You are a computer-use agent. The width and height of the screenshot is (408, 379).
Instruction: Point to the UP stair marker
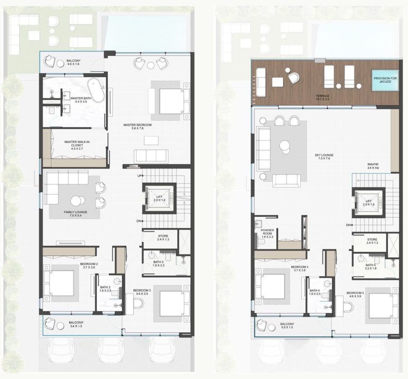140,175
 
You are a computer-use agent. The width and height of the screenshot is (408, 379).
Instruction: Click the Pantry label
372,166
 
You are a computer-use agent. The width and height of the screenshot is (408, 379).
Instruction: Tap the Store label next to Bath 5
372,241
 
